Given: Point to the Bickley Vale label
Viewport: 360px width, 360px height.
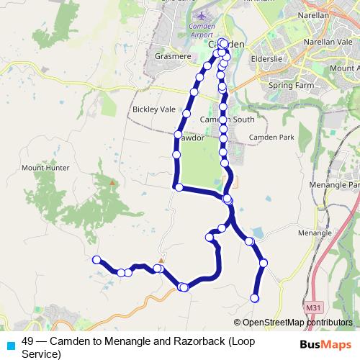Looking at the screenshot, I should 153,109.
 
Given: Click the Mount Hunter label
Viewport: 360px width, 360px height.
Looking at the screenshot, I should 45,168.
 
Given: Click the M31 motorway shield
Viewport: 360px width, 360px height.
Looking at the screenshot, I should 312,307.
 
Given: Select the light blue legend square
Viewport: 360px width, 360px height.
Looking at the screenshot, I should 10,344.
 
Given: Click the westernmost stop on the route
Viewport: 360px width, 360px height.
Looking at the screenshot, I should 96,259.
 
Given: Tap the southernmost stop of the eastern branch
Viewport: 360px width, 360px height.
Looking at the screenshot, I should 254,297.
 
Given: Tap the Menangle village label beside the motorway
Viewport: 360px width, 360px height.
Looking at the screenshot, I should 314,233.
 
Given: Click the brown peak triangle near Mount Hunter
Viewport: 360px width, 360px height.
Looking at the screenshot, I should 112,183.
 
